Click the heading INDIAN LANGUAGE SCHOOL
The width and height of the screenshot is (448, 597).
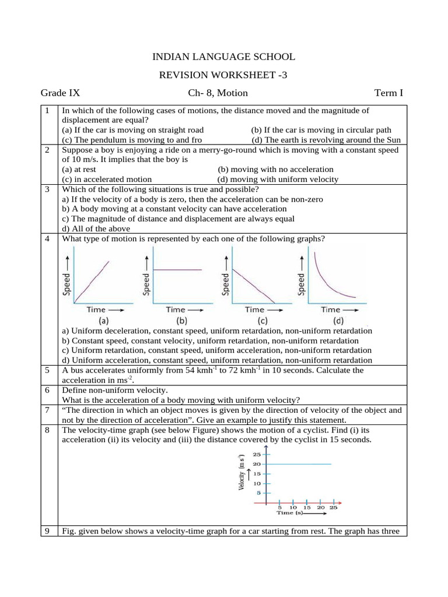(223, 57)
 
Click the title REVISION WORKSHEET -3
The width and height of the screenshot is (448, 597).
(223, 75)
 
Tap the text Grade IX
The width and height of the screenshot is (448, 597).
(60, 93)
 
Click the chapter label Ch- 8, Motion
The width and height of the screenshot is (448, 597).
(218, 93)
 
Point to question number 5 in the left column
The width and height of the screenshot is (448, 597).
(47, 370)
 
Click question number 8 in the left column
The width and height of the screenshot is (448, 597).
(47, 430)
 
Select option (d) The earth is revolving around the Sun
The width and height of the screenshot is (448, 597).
(326, 140)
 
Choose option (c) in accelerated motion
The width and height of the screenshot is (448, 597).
(107, 180)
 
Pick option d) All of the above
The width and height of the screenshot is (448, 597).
(96, 229)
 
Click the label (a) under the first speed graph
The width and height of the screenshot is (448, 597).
(103, 321)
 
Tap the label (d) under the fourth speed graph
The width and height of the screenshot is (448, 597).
(338, 321)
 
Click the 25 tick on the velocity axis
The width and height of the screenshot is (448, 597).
(257, 454)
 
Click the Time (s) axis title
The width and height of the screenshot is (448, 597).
(290, 513)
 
